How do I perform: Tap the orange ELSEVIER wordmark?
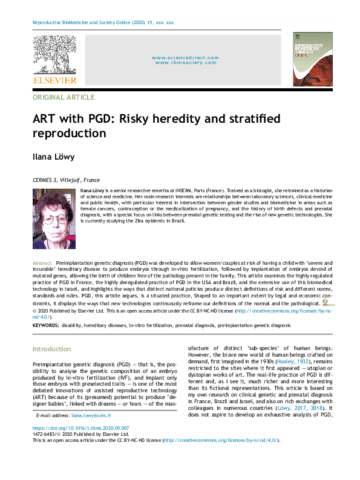coord(54,80)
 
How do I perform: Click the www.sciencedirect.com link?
coord(185,57)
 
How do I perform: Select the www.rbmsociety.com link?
coord(185,63)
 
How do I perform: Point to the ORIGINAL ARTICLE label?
coord(64,97)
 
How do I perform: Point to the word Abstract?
coord(42,264)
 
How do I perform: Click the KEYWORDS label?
coord(45,325)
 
